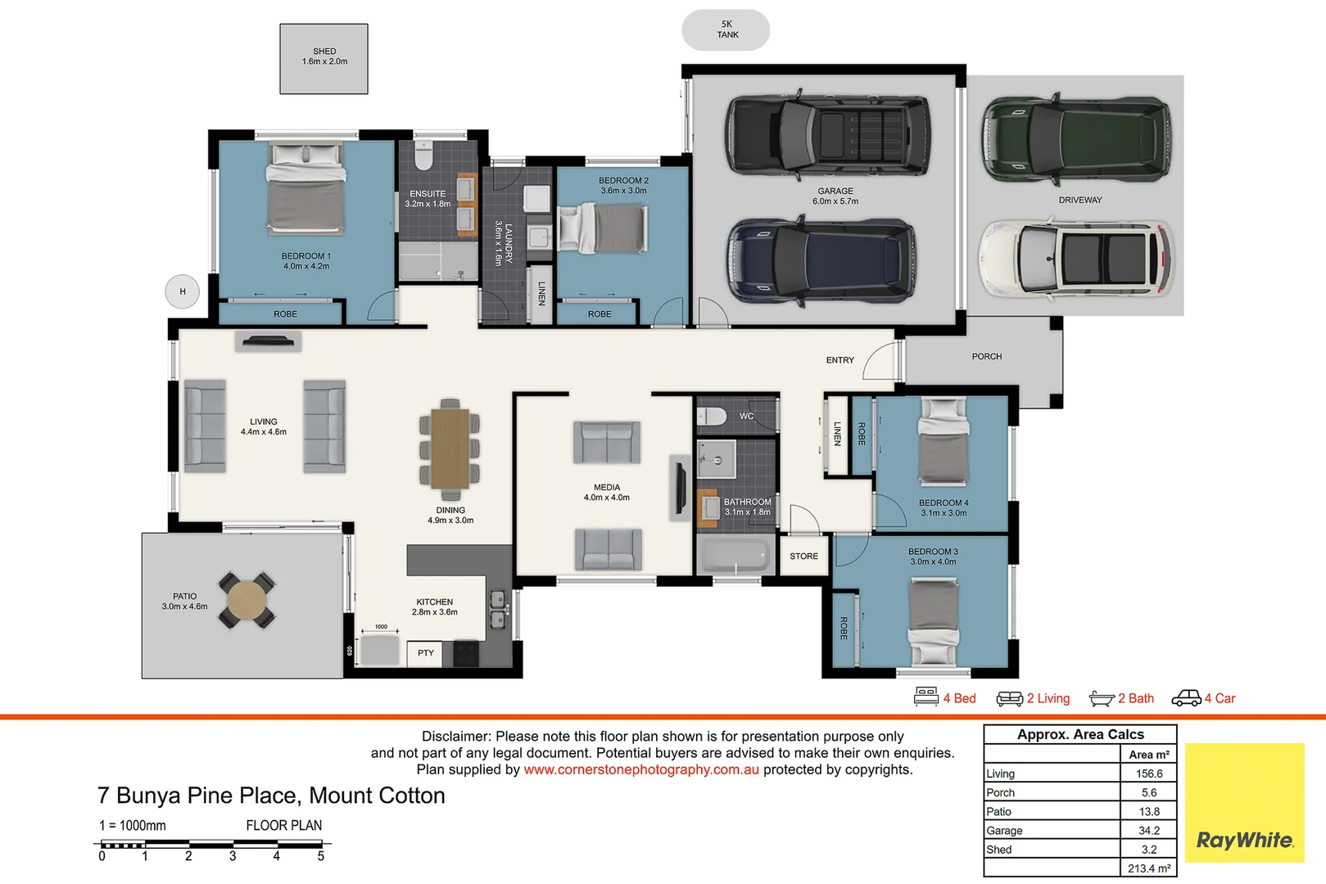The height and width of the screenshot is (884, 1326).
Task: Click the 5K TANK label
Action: (x=726, y=29)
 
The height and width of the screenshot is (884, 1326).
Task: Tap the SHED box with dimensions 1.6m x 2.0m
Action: (x=324, y=58)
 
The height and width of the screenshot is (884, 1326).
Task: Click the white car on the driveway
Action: (x=1076, y=259)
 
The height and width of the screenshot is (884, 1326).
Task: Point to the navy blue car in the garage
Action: (x=821, y=261)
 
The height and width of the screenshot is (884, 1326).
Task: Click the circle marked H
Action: (x=183, y=291)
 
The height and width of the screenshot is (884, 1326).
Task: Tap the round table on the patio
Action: (x=247, y=600)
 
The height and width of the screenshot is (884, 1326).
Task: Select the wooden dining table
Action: (x=450, y=449)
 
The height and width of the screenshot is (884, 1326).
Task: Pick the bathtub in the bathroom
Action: (x=735, y=557)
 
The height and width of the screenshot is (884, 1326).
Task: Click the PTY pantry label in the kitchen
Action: (x=426, y=653)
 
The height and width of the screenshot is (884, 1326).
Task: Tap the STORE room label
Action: (x=803, y=557)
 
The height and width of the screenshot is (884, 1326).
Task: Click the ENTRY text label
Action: (x=839, y=360)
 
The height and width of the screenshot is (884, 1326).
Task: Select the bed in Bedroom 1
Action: (x=305, y=189)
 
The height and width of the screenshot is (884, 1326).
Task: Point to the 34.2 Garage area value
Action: (x=1148, y=831)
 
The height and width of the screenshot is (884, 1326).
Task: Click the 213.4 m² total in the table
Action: (x=1148, y=868)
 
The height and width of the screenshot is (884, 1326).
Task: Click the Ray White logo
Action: (x=1244, y=840)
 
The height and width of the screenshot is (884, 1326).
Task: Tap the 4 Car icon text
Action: (x=1219, y=698)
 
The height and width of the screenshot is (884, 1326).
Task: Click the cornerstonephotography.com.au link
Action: (x=641, y=769)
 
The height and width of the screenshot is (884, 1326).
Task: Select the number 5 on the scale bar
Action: (x=321, y=856)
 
